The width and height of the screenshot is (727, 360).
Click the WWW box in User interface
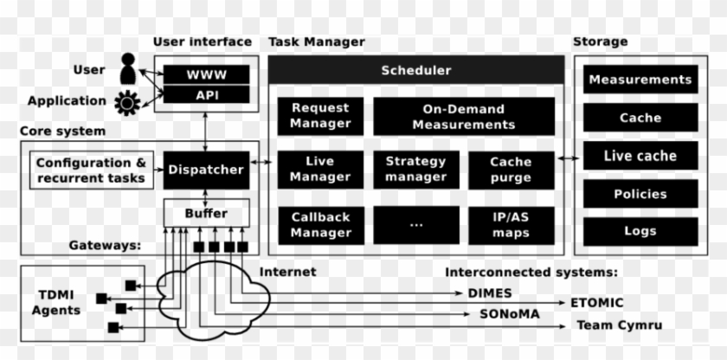pyautogui.click(x=206, y=74)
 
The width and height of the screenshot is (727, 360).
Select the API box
pyautogui.click(x=206, y=94)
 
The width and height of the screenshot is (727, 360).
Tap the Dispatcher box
pyautogui.click(x=205, y=170)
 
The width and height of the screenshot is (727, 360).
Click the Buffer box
pyautogui.click(x=206, y=213)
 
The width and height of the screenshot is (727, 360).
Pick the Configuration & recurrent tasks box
pyautogui.click(x=91, y=170)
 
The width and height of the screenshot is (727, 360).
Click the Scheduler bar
pyautogui.click(x=415, y=70)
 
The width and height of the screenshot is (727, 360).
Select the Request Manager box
pyautogui.click(x=320, y=116)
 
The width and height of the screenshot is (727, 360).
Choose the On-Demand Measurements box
pyautogui.click(x=464, y=116)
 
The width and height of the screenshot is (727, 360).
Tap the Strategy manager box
pyautogui.click(x=415, y=169)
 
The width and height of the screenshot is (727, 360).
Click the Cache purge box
pyautogui.click(x=511, y=169)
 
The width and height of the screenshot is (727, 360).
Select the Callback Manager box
pyautogui.click(x=320, y=225)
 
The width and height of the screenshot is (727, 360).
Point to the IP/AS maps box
pyautogui.click(x=511, y=225)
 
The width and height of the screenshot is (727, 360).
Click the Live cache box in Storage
pyautogui.click(x=640, y=156)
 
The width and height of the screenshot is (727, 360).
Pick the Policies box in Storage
pyautogui.click(x=640, y=194)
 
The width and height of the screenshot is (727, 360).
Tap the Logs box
pyautogui.click(x=640, y=231)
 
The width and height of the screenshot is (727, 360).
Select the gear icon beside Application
pyautogui.click(x=128, y=102)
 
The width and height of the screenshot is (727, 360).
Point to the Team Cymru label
pyautogui.click(x=619, y=325)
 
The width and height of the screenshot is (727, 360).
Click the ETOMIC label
pyautogui.click(x=596, y=303)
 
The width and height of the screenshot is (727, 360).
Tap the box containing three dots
pyautogui.click(x=415, y=225)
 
